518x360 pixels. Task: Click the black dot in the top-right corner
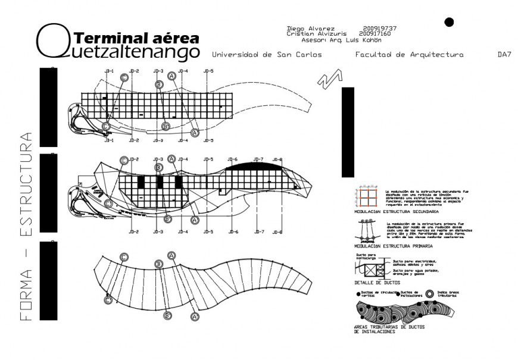pos(450,23)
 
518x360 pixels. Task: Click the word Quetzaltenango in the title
pos(119,52)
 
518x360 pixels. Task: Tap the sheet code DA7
pos(504,55)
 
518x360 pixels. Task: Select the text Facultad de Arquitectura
pos(409,55)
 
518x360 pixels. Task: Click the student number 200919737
pos(379,29)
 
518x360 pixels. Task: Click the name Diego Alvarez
pos(311,29)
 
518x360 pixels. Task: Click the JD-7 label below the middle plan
pos(258,232)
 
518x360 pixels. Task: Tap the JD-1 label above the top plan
pos(109,71)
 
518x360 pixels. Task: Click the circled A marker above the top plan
pos(171,76)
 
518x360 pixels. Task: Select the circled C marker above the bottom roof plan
pos(124,257)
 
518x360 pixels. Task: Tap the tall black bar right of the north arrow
pos(348,132)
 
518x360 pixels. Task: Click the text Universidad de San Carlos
pos(267,55)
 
